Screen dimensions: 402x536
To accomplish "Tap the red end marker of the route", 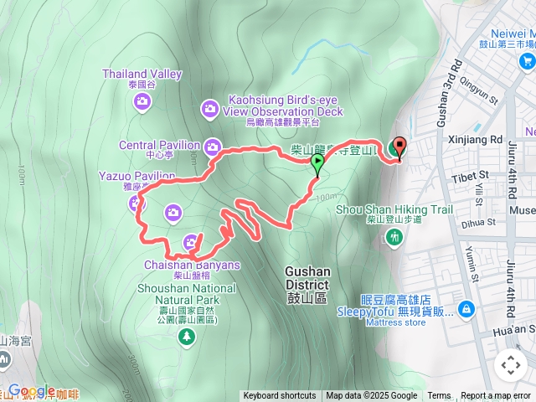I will coord(399,147).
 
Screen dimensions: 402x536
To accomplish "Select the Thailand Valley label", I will coord(142,74).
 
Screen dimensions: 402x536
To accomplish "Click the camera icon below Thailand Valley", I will coord(142,101).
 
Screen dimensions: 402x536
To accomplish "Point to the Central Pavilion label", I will coord(159,145).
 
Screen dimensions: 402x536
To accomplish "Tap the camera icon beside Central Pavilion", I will coord(211,145).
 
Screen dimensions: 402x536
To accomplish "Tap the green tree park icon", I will coord(185,336).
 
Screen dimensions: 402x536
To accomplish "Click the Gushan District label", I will coord(307,278).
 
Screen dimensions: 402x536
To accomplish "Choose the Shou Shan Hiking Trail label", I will coord(394,209).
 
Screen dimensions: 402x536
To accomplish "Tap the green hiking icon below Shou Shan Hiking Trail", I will coord(394,238).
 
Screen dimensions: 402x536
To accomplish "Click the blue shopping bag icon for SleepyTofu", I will coord(466,310).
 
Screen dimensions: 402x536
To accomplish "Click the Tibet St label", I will coord(472,175).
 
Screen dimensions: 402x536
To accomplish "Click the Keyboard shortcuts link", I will coord(280,396).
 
